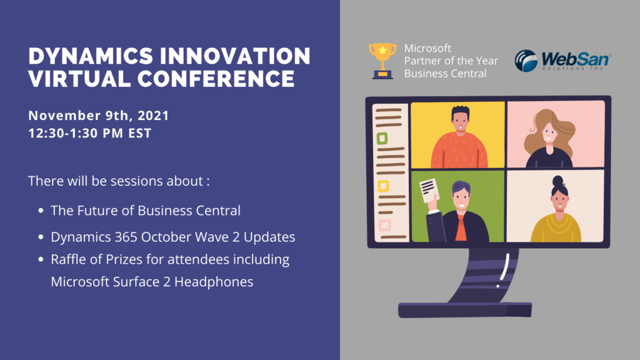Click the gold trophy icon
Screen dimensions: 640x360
(x=382, y=61)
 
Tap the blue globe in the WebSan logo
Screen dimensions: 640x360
(x=526, y=61)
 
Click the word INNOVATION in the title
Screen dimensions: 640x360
(x=235, y=56)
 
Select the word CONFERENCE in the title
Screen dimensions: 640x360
(x=216, y=79)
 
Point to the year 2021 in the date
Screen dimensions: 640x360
(x=153, y=116)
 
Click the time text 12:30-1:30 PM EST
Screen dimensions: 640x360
(x=90, y=133)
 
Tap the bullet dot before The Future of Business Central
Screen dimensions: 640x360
(x=41, y=211)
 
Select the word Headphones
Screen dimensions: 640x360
(x=214, y=282)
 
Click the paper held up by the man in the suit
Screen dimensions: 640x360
(x=429, y=190)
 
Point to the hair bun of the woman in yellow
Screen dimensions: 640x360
(x=558, y=181)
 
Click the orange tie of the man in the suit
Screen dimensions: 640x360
(x=461, y=229)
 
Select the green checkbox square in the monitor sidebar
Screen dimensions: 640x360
(x=382, y=138)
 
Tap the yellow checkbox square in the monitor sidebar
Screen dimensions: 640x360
(x=383, y=186)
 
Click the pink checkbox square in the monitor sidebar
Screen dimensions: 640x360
(x=384, y=225)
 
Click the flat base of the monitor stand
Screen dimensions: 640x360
(x=465, y=310)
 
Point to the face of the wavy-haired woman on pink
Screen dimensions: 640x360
(x=549, y=133)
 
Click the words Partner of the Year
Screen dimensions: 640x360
(x=451, y=61)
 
